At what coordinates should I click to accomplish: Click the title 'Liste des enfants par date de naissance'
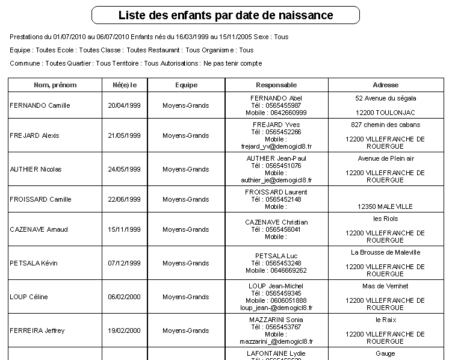click(x=226, y=15)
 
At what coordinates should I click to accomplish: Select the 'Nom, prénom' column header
click(x=54, y=85)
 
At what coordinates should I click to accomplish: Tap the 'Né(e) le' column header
click(x=125, y=85)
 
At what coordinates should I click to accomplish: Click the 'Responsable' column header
click(x=276, y=85)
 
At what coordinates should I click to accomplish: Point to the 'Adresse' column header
click(x=386, y=85)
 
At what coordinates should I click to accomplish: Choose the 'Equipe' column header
click(x=186, y=85)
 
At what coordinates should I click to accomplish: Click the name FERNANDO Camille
click(x=40, y=105)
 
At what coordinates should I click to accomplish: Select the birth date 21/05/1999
click(x=124, y=135)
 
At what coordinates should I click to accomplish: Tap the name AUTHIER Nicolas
click(x=36, y=169)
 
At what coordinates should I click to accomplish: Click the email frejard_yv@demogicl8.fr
click(x=276, y=146)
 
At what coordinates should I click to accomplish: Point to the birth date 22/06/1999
click(x=124, y=199)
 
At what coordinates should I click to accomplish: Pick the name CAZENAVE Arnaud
click(x=39, y=229)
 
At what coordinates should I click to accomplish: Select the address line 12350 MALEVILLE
click(x=386, y=206)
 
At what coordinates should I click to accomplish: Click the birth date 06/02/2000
click(x=124, y=297)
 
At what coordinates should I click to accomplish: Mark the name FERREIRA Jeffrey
click(x=37, y=331)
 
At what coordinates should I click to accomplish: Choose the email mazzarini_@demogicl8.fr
click(x=276, y=341)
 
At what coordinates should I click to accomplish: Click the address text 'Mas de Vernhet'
click(x=386, y=286)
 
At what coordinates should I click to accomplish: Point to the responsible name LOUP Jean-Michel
click(x=276, y=286)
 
